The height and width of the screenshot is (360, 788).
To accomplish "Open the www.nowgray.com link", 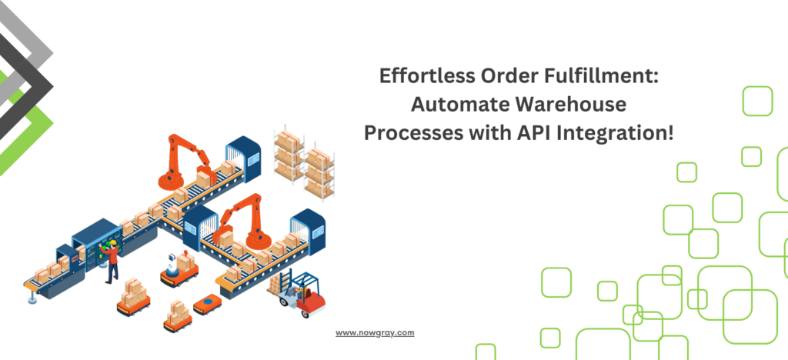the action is click(375, 333).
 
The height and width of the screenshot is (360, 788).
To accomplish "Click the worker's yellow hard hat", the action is click(113, 243).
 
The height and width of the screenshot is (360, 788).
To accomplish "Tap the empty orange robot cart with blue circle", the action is click(207, 305).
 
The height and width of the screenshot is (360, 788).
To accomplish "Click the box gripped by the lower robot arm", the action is click(226, 238).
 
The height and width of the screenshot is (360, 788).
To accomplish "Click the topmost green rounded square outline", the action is click(757, 101).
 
